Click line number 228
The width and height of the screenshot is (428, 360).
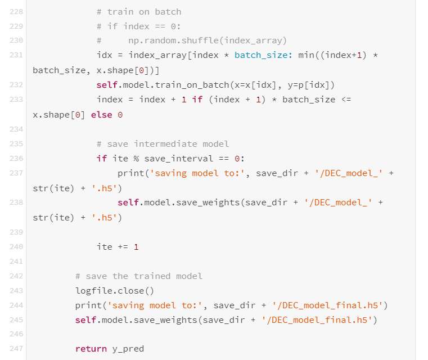(x=16, y=12)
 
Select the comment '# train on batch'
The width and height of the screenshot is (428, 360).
(x=138, y=12)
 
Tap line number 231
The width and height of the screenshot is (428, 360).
(x=16, y=55)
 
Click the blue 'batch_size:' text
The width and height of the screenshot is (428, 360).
(x=263, y=55)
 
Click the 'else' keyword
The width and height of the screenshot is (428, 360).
(x=101, y=115)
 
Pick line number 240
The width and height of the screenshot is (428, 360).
(x=16, y=247)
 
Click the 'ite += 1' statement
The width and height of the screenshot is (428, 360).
(x=118, y=247)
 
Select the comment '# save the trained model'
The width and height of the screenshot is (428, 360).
(x=139, y=276)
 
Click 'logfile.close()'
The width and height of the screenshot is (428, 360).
(x=115, y=291)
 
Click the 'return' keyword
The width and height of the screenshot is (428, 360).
(x=91, y=349)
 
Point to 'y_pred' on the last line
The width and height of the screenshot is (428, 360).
(x=128, y=349)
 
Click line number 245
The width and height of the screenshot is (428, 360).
(x=16, y=320)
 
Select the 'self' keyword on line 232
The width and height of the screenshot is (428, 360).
(x=107, y=85)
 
